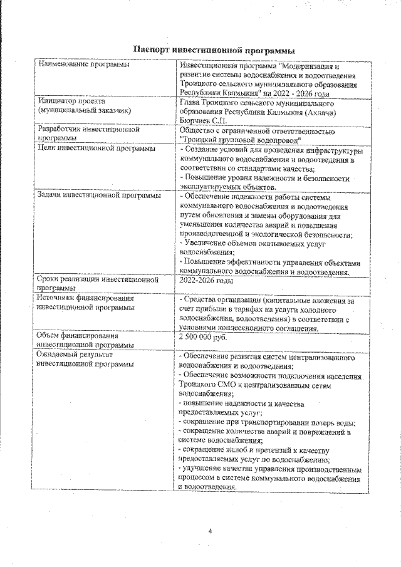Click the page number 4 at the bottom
click(211, 531)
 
